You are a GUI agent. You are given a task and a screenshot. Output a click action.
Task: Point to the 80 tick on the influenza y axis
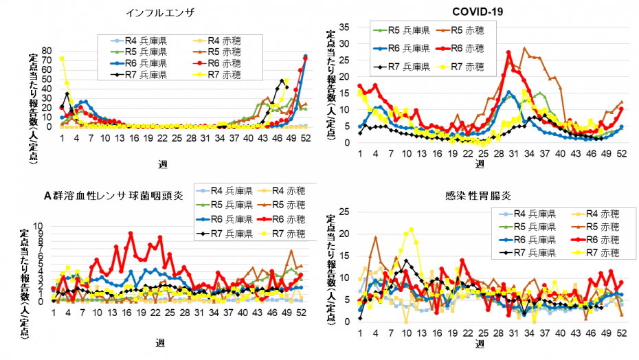(x=47, y=51)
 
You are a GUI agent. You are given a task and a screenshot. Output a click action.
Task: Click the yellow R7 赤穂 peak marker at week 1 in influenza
(x=62, y=59)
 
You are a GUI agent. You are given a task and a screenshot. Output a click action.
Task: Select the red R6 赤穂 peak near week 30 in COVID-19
(x=508, y=53)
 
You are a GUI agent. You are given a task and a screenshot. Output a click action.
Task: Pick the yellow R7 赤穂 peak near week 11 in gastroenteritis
(x=411, y=229)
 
